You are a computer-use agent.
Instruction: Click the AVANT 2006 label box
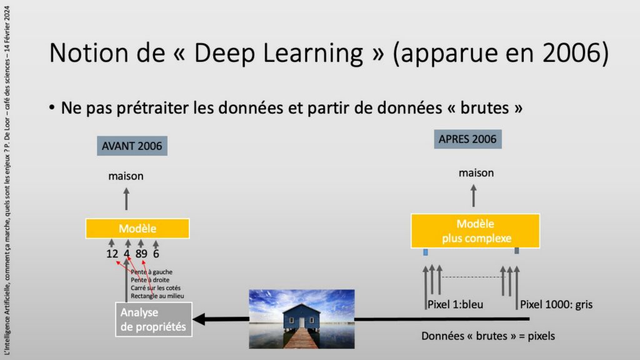click(x=132, y=146)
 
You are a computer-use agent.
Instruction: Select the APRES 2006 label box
click(x=467, y=139)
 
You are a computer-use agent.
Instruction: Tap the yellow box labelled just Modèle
click(x=137, y=228)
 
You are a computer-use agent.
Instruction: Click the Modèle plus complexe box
click(x=475, y=231)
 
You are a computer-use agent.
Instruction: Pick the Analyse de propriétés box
click(x=154, y=319)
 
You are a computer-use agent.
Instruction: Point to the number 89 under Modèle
click(x=141, y=254)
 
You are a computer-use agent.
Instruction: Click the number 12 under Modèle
click(x=112, y=254)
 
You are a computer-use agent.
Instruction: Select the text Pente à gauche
click(x=151, y=272)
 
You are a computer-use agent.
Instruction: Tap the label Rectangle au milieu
click(x=157, y=296)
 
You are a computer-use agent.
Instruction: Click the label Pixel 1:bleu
click(x=455, y=304)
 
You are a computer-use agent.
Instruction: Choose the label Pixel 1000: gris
click(x=556, y=304)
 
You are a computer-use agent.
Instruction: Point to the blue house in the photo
click(x=301, y=316)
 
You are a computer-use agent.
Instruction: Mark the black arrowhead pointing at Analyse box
click(x=199, y=319)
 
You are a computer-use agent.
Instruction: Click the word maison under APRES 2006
click(x=476, y=173)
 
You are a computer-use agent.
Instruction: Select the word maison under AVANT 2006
click(x=126, y=176)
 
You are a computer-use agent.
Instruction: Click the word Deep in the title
click(x=225, y=54)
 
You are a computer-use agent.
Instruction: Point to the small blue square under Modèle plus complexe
click(x=425, y=252)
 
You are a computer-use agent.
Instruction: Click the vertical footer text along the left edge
click(x=7, y=180)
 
